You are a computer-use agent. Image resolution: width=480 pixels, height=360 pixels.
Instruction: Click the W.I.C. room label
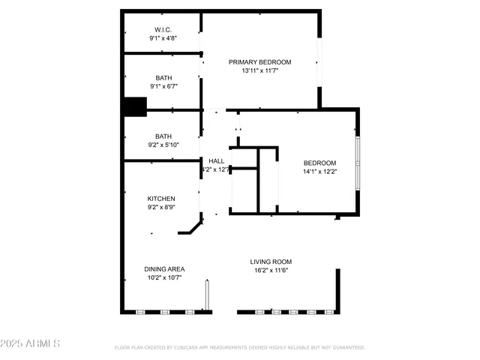(x=163, y=30)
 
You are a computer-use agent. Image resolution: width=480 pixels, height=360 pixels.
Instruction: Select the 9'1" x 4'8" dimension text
(x=163, y=38)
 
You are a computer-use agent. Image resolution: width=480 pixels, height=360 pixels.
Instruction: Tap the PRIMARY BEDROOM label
(x=260, y=62)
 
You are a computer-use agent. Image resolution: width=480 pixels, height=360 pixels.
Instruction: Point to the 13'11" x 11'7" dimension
(x=260, y=71)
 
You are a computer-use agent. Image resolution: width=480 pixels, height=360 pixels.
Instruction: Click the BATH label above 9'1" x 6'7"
(x=163, y=78)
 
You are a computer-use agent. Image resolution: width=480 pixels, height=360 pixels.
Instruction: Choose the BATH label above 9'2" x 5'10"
(x=163, y=136)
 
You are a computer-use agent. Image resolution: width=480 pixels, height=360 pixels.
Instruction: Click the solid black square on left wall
(x=135, y=107)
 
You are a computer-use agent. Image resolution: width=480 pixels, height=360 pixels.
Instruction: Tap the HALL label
(x=216, y=161)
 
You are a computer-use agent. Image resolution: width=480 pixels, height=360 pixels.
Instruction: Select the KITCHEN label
(x=161, y=199)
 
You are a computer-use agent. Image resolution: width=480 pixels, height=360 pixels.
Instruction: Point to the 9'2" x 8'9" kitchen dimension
(x=161, y=208)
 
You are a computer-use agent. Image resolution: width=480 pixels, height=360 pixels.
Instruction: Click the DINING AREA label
(x=165, y=268)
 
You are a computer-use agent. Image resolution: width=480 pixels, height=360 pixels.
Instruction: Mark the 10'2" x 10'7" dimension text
(x=165, y=277)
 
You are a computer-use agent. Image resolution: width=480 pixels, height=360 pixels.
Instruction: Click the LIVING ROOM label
(x=271, y=262)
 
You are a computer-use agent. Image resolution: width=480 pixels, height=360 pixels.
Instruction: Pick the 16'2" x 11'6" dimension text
(x=271, y=271)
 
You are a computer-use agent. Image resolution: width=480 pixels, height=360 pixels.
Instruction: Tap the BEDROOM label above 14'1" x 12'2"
(x=319, y=163)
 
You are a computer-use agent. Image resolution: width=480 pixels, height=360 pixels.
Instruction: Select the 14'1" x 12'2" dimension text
(x=319, y=172)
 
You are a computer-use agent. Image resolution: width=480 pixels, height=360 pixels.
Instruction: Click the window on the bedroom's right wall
(x=358, y=162)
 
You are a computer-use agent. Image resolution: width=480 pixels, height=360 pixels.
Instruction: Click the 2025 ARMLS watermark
(x=31, y=343)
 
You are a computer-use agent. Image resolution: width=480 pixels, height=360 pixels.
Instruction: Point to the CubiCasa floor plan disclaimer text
(x=239, y=348)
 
